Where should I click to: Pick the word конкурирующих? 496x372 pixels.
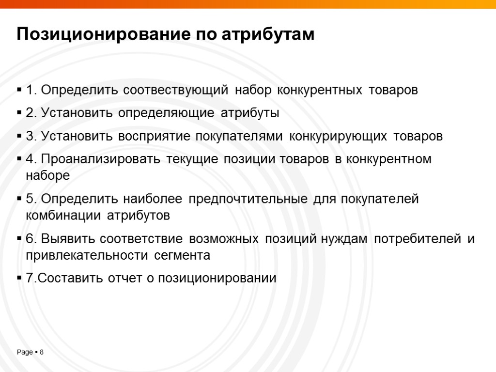(338, 137)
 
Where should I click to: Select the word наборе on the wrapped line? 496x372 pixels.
(48, 176)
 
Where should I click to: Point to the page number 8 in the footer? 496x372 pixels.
(42, 352)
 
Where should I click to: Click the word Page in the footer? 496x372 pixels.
(25, 352)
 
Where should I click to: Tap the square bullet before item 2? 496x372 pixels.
(19, 114)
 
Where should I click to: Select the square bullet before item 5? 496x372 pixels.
(19, 199)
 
